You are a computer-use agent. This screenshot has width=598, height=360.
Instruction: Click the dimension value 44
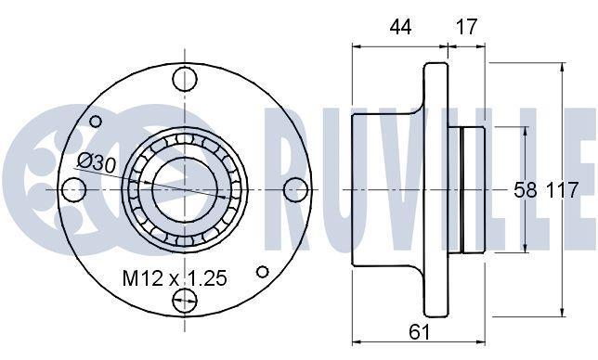coord(400,27)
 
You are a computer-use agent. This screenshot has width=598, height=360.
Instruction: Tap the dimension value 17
coord(466,27)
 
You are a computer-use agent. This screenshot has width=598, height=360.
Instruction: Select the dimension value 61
coord(420,332)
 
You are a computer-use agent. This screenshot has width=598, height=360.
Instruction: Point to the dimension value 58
coord(526,189)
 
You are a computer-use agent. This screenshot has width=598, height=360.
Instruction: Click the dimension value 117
coord(563,189)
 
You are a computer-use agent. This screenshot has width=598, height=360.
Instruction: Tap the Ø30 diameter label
coord(97,163)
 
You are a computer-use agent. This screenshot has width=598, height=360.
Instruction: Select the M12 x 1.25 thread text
coord(175,278)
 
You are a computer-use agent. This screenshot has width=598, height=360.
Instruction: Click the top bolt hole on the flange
coord(185,79)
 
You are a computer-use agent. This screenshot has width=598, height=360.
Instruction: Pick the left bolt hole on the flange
coord(73,189)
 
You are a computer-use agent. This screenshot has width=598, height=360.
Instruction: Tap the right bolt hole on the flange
coord(296,189)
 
